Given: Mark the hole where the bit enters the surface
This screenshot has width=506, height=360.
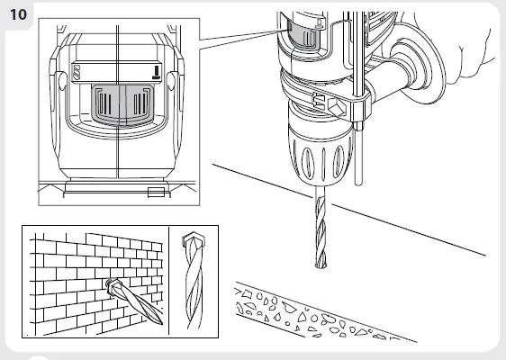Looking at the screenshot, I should tap(321, 265).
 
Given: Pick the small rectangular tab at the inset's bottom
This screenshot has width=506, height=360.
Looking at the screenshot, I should tap(156, 192).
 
